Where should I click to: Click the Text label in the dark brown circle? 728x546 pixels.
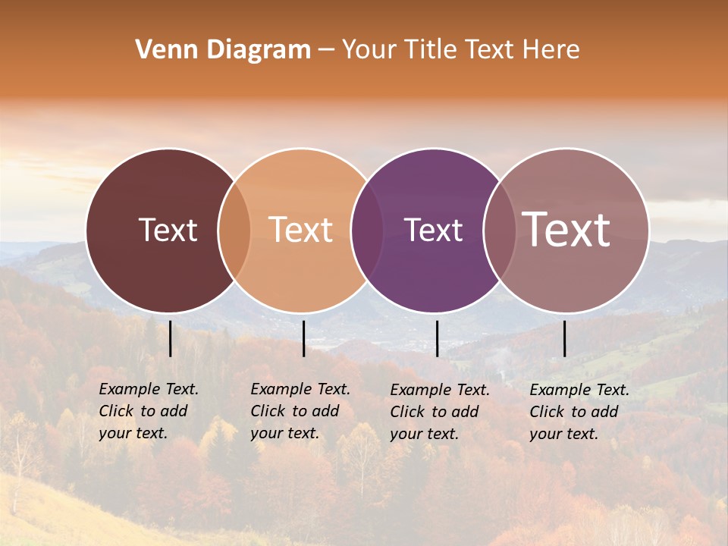168,230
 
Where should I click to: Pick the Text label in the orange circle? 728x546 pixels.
301,230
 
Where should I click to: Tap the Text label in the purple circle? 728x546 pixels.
433,230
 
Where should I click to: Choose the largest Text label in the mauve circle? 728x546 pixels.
566,229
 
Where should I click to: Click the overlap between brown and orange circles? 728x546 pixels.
234,231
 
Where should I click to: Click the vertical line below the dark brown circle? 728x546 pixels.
171,338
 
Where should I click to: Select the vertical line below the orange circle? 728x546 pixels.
303,338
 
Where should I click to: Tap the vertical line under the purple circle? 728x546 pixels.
437,338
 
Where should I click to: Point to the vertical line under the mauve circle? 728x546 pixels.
565,338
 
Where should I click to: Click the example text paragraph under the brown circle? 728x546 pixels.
148,411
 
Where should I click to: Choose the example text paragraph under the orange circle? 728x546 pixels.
300,411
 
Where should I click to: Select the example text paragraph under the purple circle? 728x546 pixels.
439,412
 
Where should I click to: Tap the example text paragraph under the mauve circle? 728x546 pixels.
579,412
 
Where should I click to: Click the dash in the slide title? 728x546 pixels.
326,51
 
